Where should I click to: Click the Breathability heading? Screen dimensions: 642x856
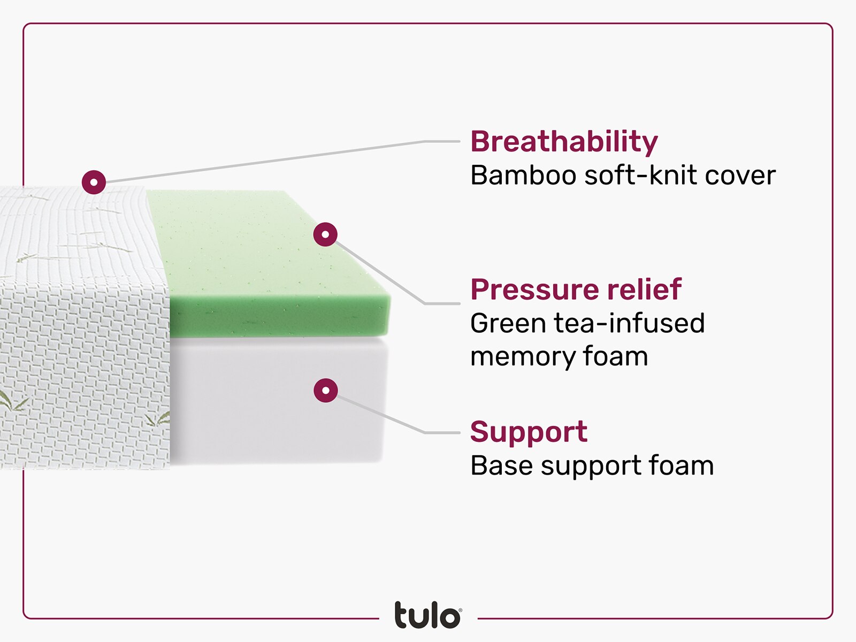coord(564,142)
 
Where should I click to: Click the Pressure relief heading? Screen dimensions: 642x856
coord(576,290)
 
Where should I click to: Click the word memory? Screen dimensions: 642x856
coord(522,357)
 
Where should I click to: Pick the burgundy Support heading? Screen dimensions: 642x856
coord(529,432)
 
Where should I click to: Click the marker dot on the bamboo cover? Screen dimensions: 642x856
coord(94,182)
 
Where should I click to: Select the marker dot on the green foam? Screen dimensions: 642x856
coord(325,234)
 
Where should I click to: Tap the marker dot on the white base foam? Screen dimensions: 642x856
coord(325,390)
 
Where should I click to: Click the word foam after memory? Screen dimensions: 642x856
coord(615,357)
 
